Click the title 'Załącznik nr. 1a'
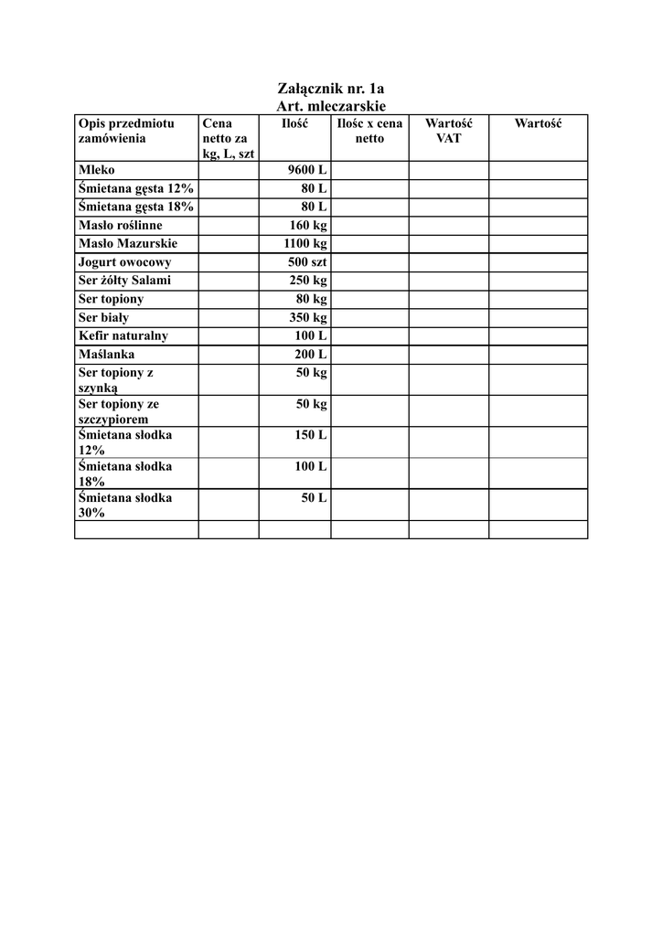coord(330,89)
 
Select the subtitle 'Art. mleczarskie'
coord(330,106)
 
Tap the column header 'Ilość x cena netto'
coord(369,131)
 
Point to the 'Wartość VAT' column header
coord(448,131)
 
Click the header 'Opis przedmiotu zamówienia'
coord(126,131)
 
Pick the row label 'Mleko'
coord(97,171)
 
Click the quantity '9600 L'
coord(307,171)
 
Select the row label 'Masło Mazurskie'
coord(127,244)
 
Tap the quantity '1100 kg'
coord(305,244)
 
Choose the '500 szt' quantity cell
coord(307,262)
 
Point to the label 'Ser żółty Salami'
coord(124,281)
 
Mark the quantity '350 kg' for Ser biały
coord(308,317)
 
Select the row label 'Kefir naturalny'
coord(123,335)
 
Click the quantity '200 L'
coord(311,354)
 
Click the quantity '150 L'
coord(311,435)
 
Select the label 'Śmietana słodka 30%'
coord(125,505)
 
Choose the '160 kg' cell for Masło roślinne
coord(308,225)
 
